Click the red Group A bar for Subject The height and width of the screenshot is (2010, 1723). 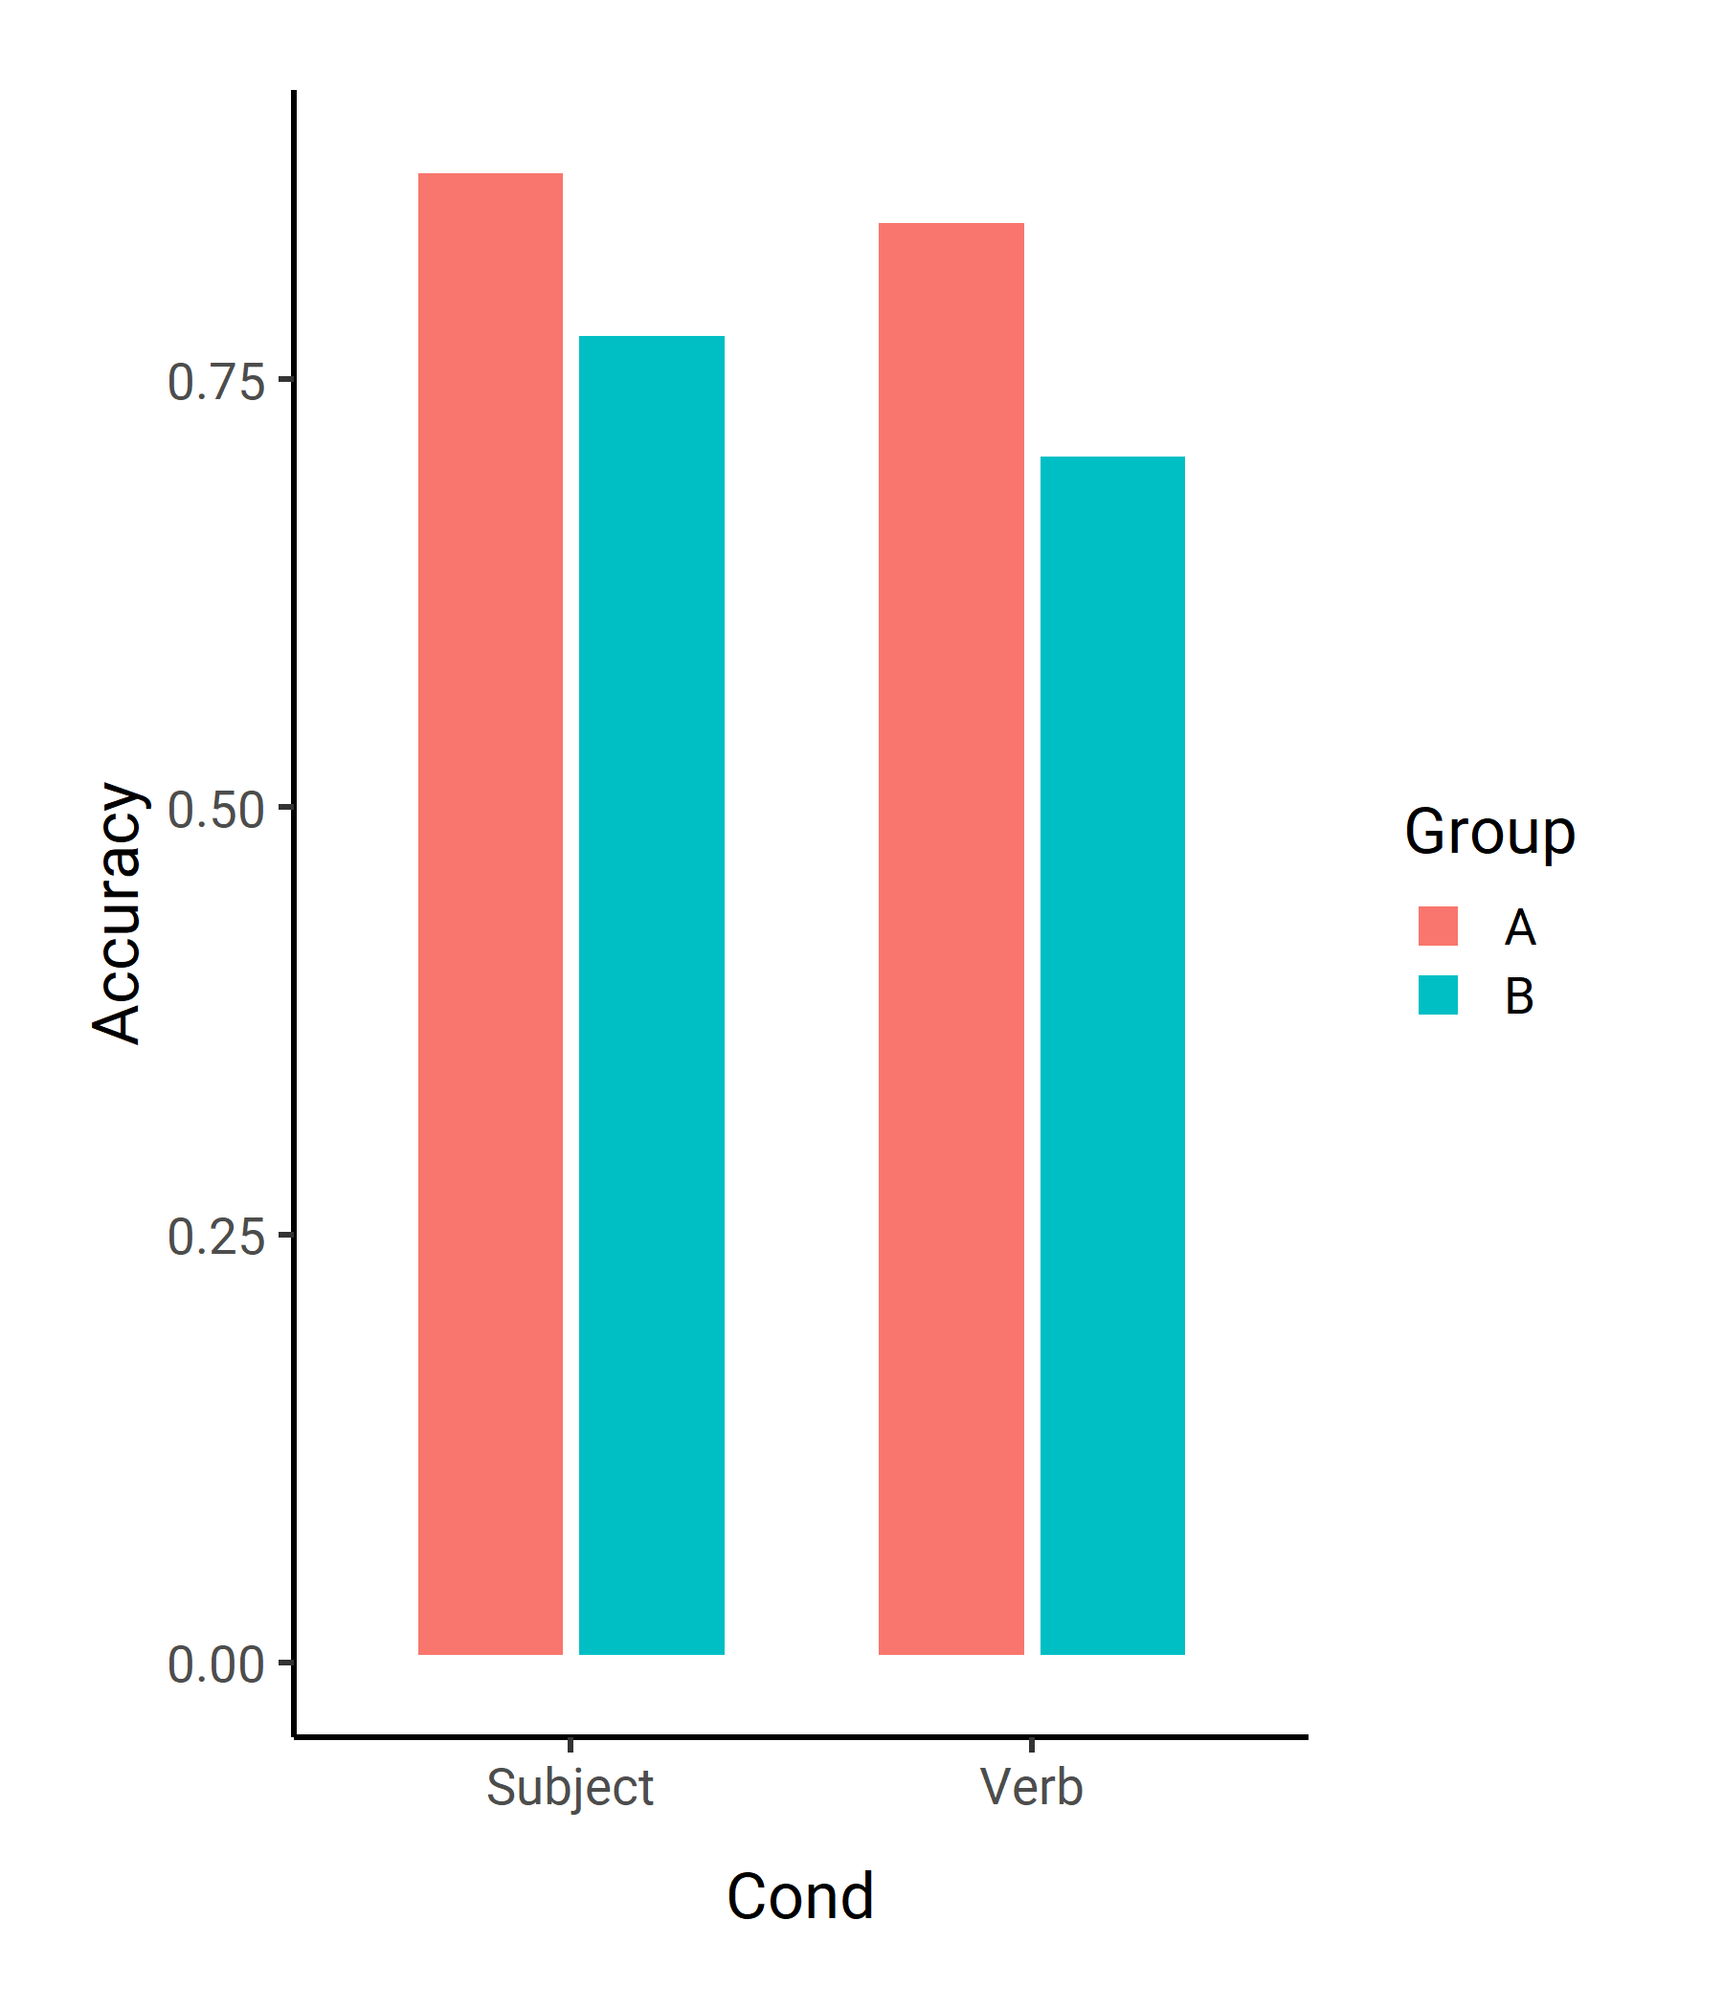click(490, 914)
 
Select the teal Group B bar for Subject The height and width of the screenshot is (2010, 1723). click(652, 995)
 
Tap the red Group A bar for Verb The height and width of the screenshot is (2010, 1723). click(951, 939)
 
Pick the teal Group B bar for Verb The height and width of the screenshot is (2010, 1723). click(1112, 1056)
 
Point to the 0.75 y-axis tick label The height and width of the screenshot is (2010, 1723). click(216, 381)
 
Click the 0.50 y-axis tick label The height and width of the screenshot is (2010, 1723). click(216, 809)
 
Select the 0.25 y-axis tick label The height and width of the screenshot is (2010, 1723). click(216, 1237)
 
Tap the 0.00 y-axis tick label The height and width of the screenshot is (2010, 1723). click(216, 1664)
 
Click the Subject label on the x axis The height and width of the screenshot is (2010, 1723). click(571, 1788)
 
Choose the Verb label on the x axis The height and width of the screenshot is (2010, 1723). click(1031, 1786)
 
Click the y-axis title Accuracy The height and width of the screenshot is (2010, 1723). click(118, 914)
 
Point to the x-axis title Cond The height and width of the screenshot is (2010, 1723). click(800, 1896)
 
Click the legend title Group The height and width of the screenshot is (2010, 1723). click(1490, 833)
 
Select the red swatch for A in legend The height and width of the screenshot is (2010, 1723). click(1438, 926)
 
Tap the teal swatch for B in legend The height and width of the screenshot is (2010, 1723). click(1438, 994)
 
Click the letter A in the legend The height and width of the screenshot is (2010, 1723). click(1520, 927)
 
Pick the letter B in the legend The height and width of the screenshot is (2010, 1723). click(1519, 995)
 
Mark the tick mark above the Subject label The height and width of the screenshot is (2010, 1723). click(571, 1745)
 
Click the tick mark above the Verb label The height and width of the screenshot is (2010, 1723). click(1031, 1745)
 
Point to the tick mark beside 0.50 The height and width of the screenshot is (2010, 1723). click(285, 806)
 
